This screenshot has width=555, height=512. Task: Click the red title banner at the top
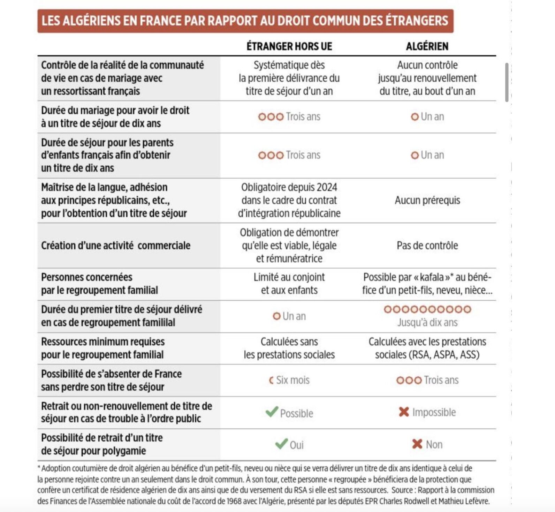pos(245,21)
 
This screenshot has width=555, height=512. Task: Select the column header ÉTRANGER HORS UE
pos(289,46)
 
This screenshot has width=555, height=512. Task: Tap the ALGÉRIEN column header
pos(427,46)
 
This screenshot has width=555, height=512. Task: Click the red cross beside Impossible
pos(404,412)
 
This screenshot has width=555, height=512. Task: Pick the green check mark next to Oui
pos(281,444)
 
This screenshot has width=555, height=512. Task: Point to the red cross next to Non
pos(417,444)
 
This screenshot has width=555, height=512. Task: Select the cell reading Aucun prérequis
pos(427,200)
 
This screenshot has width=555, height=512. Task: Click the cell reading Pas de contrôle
pos(427,246)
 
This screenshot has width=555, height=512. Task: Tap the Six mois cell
pos(289,380)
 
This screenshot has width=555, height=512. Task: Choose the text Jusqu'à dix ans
pos(427,322)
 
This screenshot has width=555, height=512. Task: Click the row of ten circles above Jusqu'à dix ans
pos(427,309)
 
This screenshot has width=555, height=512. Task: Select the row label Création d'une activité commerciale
pos(116,246)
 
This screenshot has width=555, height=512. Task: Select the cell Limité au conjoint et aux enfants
pos(289,284)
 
